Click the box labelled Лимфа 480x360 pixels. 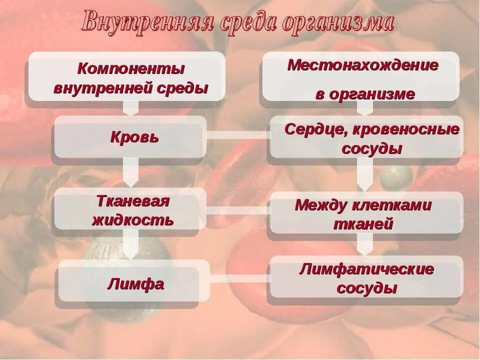135,284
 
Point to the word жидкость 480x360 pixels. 133,220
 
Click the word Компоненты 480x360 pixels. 131,67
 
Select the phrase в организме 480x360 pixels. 365,94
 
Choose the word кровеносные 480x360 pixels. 406,129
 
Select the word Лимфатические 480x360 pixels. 366,269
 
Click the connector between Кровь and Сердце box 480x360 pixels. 238,135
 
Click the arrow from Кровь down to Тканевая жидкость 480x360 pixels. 131,172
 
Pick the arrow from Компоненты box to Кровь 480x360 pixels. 131,108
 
